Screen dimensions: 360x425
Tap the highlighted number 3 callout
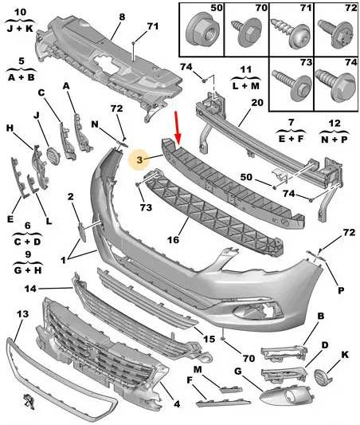click(x=139, y=159)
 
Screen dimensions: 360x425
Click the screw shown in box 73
click(x=292, y=84)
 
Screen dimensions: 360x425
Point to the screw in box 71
click(x=291, y=34)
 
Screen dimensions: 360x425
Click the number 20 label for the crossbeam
click(x=257, y=103)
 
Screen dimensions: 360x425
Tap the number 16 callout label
click(x=173, y=240)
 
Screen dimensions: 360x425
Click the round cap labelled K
click(x=321, y=376)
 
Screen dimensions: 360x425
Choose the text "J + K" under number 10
click(x=20, y=28)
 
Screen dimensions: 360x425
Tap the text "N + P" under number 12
click(x=335, y=139)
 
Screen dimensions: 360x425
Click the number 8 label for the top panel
click(x=122, y=17)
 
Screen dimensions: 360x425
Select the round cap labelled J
click(x=52, y=155)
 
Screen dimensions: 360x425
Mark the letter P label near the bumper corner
click(x=341, y=291)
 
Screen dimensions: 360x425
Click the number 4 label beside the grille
click(x=177, y=404)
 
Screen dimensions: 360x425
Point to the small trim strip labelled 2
click(x=82, y=231)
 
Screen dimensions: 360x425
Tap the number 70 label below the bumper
click(x=248, y=358)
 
